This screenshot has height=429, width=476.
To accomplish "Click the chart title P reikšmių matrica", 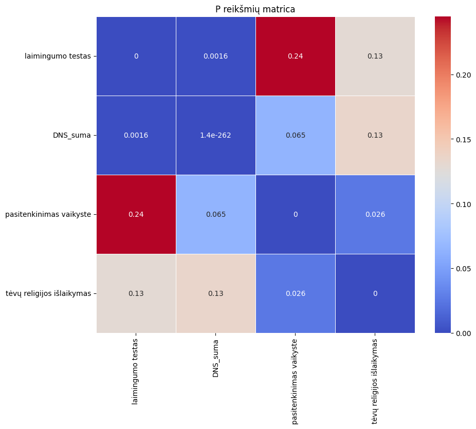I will click(255, 9).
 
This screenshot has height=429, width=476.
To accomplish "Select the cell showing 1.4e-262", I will click(216, 135).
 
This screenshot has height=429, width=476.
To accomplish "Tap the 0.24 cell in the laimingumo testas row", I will click(296, 56).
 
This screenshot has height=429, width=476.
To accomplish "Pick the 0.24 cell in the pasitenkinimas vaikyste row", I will click(136, 214).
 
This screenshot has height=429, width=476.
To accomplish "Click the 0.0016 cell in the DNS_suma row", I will click(136, 135).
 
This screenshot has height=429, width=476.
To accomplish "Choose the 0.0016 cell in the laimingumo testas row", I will click(216, 56).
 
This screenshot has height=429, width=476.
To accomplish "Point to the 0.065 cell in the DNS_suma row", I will click(296, 135).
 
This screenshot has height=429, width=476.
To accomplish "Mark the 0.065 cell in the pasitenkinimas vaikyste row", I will click(216, 214).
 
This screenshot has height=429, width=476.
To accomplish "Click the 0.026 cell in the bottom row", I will click(296, 293).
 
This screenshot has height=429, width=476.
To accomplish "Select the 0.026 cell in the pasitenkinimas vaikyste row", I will click(375, 214).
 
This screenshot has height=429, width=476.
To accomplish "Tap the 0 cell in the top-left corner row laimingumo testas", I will click(136, 56).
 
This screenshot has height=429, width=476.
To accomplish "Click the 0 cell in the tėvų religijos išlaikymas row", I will click(375, 293).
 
